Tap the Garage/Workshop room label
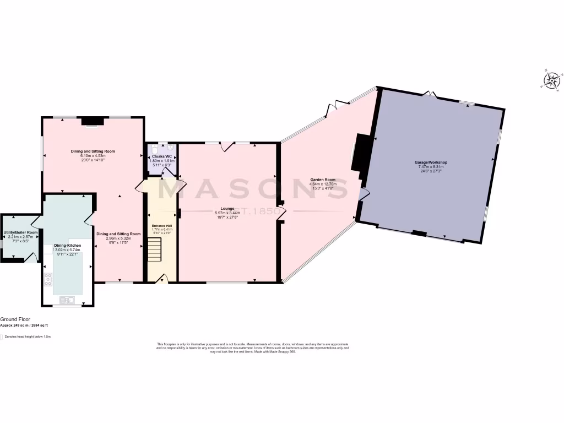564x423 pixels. pyautogui.click(x=431, y=162)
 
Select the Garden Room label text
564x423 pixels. pyautogui.click(x=323, y=180)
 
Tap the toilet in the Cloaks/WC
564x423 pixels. pyautogui.click(x=155, y=150)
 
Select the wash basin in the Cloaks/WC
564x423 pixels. pyautogui.click(x=171, y=148)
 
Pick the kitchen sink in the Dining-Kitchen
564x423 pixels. pyautogui.click(x=68, y=300)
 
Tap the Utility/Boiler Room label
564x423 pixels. pyautogui.click(x=20, y=232)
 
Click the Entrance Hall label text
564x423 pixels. pyautogui.click(x=162, y=226)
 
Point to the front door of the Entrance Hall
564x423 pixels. pyautogui.click(x=161, y=280)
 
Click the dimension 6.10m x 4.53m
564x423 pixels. pyautogui.click(x=93, y=156)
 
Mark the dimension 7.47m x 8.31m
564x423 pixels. pyautogui.click(x=431, y=167)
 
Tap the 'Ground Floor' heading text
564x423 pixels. pyautogui.click(x=15, y=319)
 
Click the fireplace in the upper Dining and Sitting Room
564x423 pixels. pyautogui.click(x=90, y=121)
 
